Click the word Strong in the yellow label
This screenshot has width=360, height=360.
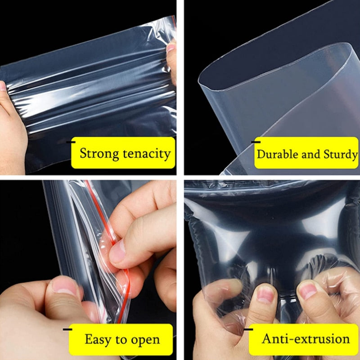99,154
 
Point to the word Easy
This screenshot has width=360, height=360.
98,340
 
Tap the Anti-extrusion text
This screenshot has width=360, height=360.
306,339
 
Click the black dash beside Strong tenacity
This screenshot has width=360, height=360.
71,142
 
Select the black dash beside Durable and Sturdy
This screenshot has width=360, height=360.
256,142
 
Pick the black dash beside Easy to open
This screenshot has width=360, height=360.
67,329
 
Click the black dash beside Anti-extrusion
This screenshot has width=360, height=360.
248,329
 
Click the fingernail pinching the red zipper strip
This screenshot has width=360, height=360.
118,252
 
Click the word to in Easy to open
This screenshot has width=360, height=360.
121,340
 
